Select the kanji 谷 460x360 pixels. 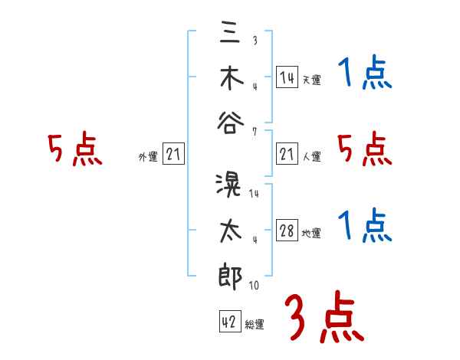pyautogui.click(x=230, y=123)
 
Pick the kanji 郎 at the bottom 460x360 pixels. pyautogui.click(x=230, y=273)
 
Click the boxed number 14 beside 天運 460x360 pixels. pyautogui.click(x=287, y=77)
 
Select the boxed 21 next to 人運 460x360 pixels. pyautogui.click(x=287, y=155)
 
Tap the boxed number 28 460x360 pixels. pyautogui.click(x=287, y=231)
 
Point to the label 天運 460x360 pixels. pyautogui.click(x=311, y=80)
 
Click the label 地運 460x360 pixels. pyautogui.click(x=311, y=234)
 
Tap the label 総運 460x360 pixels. pyautogui.click(x=255, y=323)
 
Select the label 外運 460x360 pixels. pyautogui.click(x=147, y=157)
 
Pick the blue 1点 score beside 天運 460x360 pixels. pyautogui.click(x=365, y=74)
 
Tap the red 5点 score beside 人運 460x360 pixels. pyautogui.click(x=365, y=150)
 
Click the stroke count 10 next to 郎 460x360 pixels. pyautogui.click(x=254, y=286)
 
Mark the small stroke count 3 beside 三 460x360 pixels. pyautogui.click(x=254, y=41)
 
